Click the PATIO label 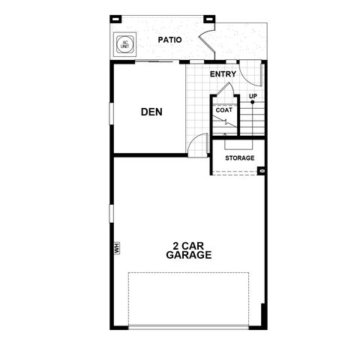click(169, 40)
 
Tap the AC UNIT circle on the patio click(125, 44)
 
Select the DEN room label click(151, 112)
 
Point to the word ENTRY click(223, 74)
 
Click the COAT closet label click(224, 110)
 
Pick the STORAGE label click(240, 158)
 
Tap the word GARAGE click(189, 255)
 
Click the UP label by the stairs click(253, 96)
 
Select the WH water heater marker click(117, 247)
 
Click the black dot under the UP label click(253, 102)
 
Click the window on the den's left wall click(112, 113)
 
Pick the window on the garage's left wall click(112, 213)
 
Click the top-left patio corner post click(115, 19)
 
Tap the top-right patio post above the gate click(209, 19)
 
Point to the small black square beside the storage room click(262, 171)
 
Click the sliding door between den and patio click(154, 61)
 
